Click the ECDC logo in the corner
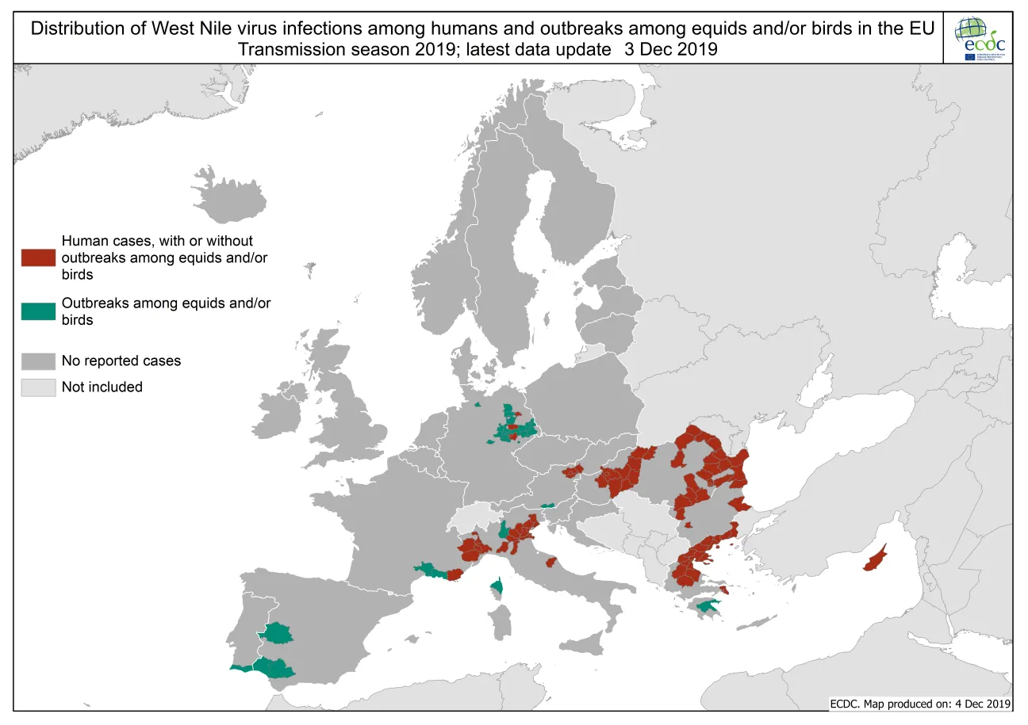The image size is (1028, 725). click(980, 38)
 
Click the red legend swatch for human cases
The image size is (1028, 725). click(38, 258)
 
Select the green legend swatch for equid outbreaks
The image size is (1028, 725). click(38, 311)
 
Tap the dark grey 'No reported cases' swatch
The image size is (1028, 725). click(38, 361)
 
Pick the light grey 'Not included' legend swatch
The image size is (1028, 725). click(38, 387)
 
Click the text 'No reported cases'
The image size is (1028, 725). click(121, 361)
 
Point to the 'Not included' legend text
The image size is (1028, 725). click(102, 387)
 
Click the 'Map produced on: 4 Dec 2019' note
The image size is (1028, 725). click(920, 703)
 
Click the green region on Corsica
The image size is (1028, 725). click(497, 587)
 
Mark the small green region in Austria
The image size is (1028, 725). click(547, 505)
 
